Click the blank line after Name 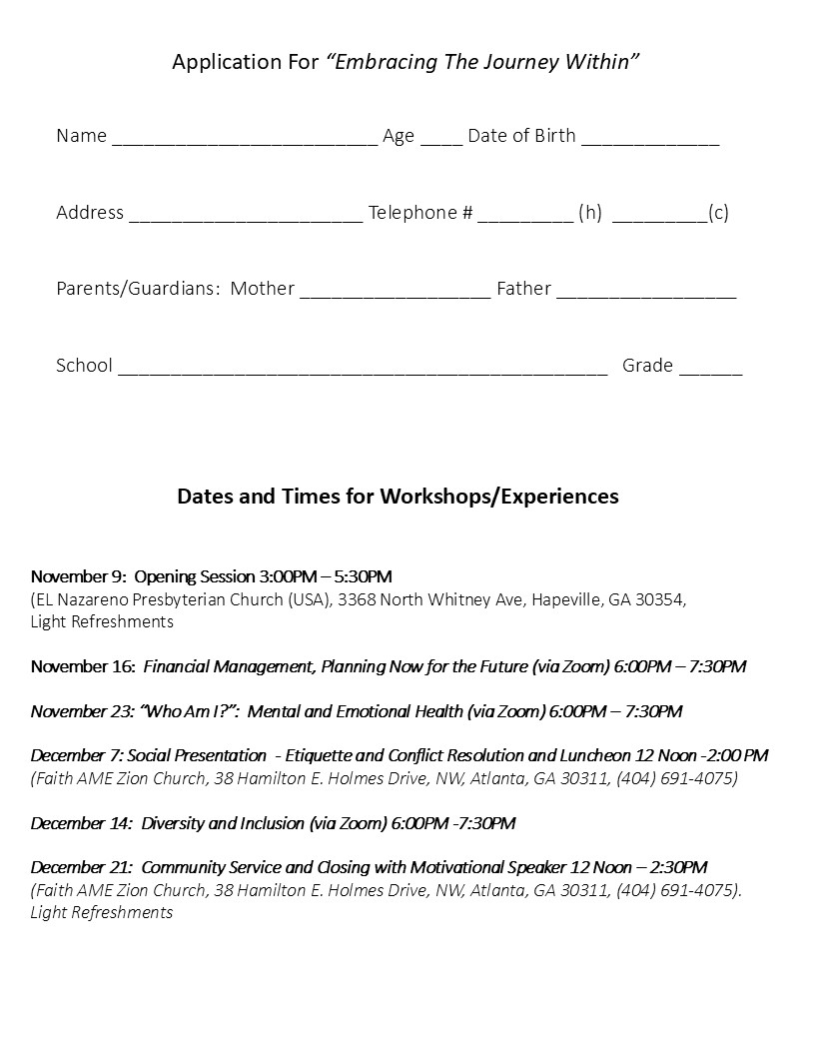tap(245, 139)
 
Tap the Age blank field tap(441, 139)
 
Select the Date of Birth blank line tap(650, 139)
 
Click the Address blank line tap(246, 216)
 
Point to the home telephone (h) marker tap(590, 213)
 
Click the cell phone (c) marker tap(718, 213)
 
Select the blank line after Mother tap(395, 292)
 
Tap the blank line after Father tap(646, 292)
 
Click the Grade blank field tap(710, 369)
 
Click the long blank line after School tap(363, 369)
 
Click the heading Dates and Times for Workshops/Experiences tap(398, 497)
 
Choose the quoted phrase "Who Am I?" tap(189, 711)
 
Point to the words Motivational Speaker tap(488, 867)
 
